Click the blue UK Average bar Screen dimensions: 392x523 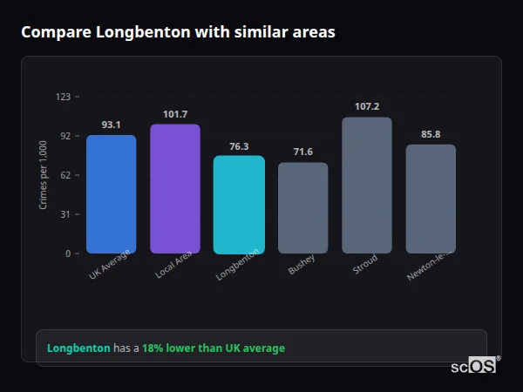click(111, 194)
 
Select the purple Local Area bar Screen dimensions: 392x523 click(175, 189)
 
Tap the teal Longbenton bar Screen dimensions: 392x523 click(239, 205)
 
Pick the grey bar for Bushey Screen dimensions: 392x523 click(302, 208)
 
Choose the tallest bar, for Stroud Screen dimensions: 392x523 click(367, 186)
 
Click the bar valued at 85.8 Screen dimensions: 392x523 click(431, 199)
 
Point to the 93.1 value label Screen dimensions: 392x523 click(111, 125)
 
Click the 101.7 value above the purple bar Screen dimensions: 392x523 click(175, 114)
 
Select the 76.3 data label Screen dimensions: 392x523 click(239, 146)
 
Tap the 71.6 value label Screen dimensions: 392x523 click(302, 152)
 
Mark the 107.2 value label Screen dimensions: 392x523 click(367, 106)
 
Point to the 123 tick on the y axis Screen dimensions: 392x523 click(63, 97)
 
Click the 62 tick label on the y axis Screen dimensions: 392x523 click(65, 175)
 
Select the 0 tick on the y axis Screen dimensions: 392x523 click(68, 253)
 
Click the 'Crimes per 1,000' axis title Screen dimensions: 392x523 click(44, 175)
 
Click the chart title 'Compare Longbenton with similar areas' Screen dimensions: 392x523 click(178, 32)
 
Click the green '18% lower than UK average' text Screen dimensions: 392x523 click(214, 348)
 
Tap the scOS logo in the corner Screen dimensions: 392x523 click(474, 366)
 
